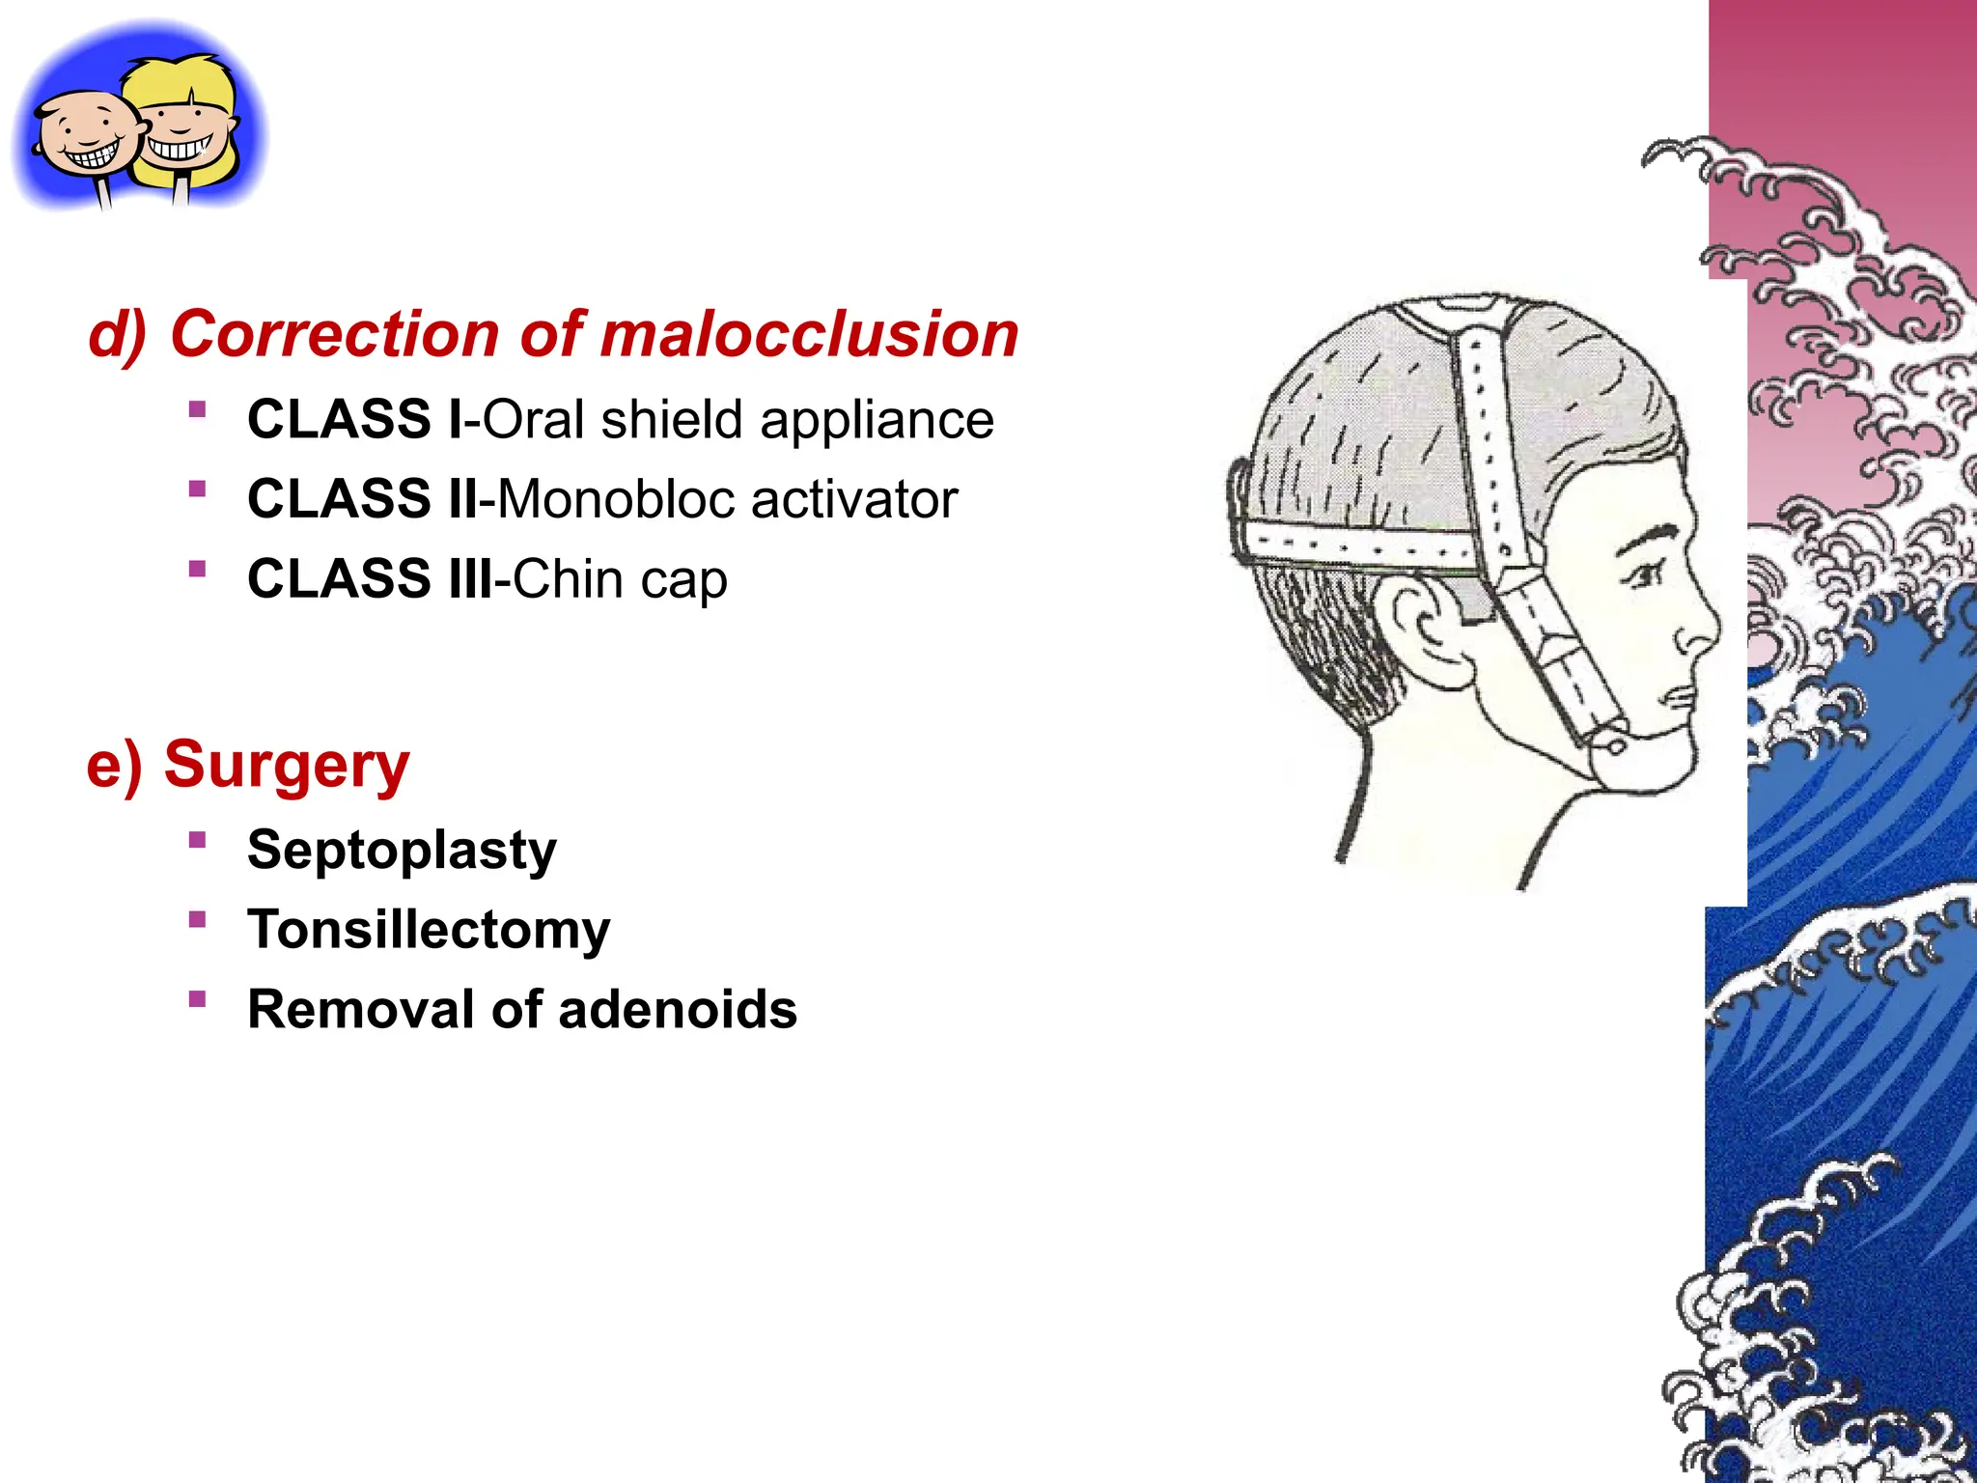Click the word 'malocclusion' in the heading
pos(809,334)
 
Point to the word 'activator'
pos(854,500)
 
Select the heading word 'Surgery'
pos(287,765)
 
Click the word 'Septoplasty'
pos(402,851)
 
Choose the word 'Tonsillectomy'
pos(429,930)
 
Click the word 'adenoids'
pos(678,1010)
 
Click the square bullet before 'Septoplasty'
pos(198,840)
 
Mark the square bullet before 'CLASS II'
pos(198,490)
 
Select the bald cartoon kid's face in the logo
pos(87,135)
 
